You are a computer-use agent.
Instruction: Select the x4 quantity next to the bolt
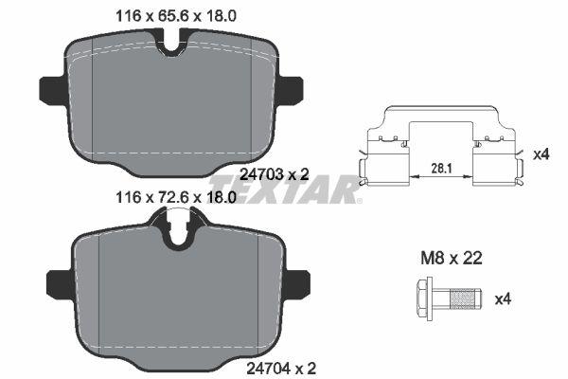click(x=504, y=298)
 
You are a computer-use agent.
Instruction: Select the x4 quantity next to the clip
click(x=541, y=153)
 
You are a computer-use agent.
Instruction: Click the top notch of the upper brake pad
click(x=173, y=44)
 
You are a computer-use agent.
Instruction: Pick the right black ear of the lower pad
click(x=298, y=282)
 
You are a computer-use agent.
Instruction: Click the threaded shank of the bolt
click(x=463, y=298)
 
